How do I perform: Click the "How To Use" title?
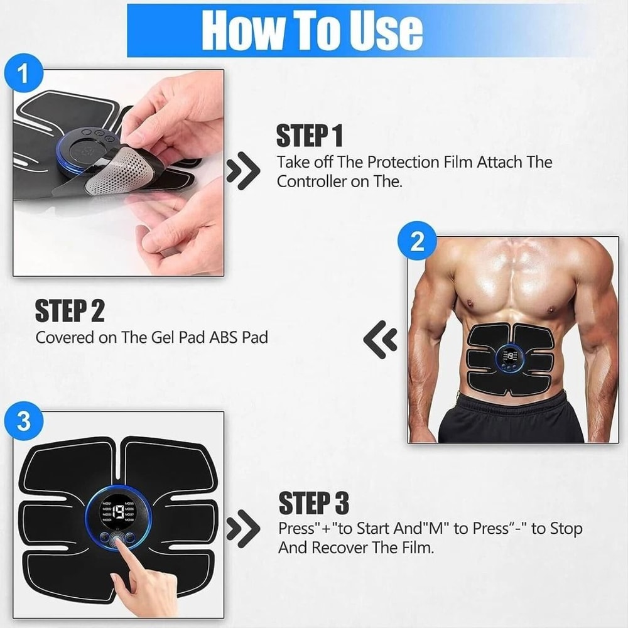(311, 29)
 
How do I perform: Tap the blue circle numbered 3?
(23, 421)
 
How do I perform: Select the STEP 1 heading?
(310, 136)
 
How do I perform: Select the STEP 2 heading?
(69, 311)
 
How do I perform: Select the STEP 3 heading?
(313, 504)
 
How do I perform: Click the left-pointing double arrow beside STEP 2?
(381, 340)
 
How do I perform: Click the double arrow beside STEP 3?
(243, 529)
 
